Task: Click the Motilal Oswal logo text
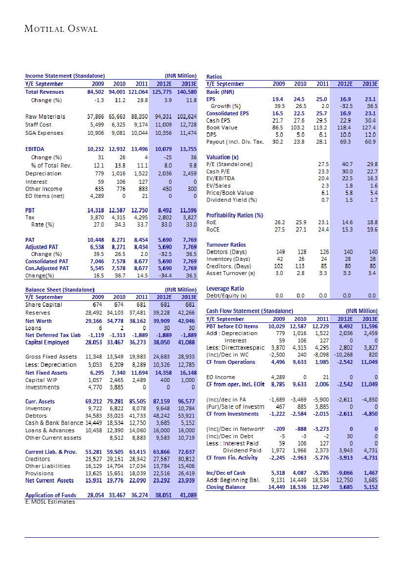(x=61, y=29)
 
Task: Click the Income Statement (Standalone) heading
(x=65, y=76)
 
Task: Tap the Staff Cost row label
(x=39, y=125)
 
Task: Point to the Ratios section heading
(x=215, y=77)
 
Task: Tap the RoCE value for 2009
(x=278, y=230)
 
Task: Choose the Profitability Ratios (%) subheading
(x=235, y=215)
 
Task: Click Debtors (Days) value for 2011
(x=323, y=252)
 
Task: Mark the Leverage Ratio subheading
(x=225, y=289)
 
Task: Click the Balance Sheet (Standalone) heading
(x=60, y=290)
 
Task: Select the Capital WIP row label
(x=42, y=380)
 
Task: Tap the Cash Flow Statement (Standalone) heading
(x=250, y=311)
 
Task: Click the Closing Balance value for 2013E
(x=370, y=487)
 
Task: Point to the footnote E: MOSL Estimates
(x=50, y=502)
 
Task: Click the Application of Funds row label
(x=51, y=495)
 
